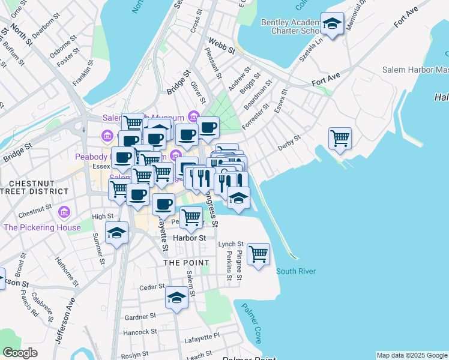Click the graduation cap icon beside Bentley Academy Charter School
pos(332,24)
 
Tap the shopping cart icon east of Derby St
pos(340,138)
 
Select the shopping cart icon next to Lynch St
pos(258,254)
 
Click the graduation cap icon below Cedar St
pos(176,298)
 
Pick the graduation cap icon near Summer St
pos(116,233)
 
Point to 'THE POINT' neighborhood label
pos(187,263)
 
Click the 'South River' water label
pos(296,271)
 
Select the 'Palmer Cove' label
pos(252,323)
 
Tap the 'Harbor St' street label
pos(189,238)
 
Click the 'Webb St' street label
pos(220,46)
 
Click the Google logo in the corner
pos(20,353)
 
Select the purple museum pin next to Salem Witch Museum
pos(193,116)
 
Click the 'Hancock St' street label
pos(140,331)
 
